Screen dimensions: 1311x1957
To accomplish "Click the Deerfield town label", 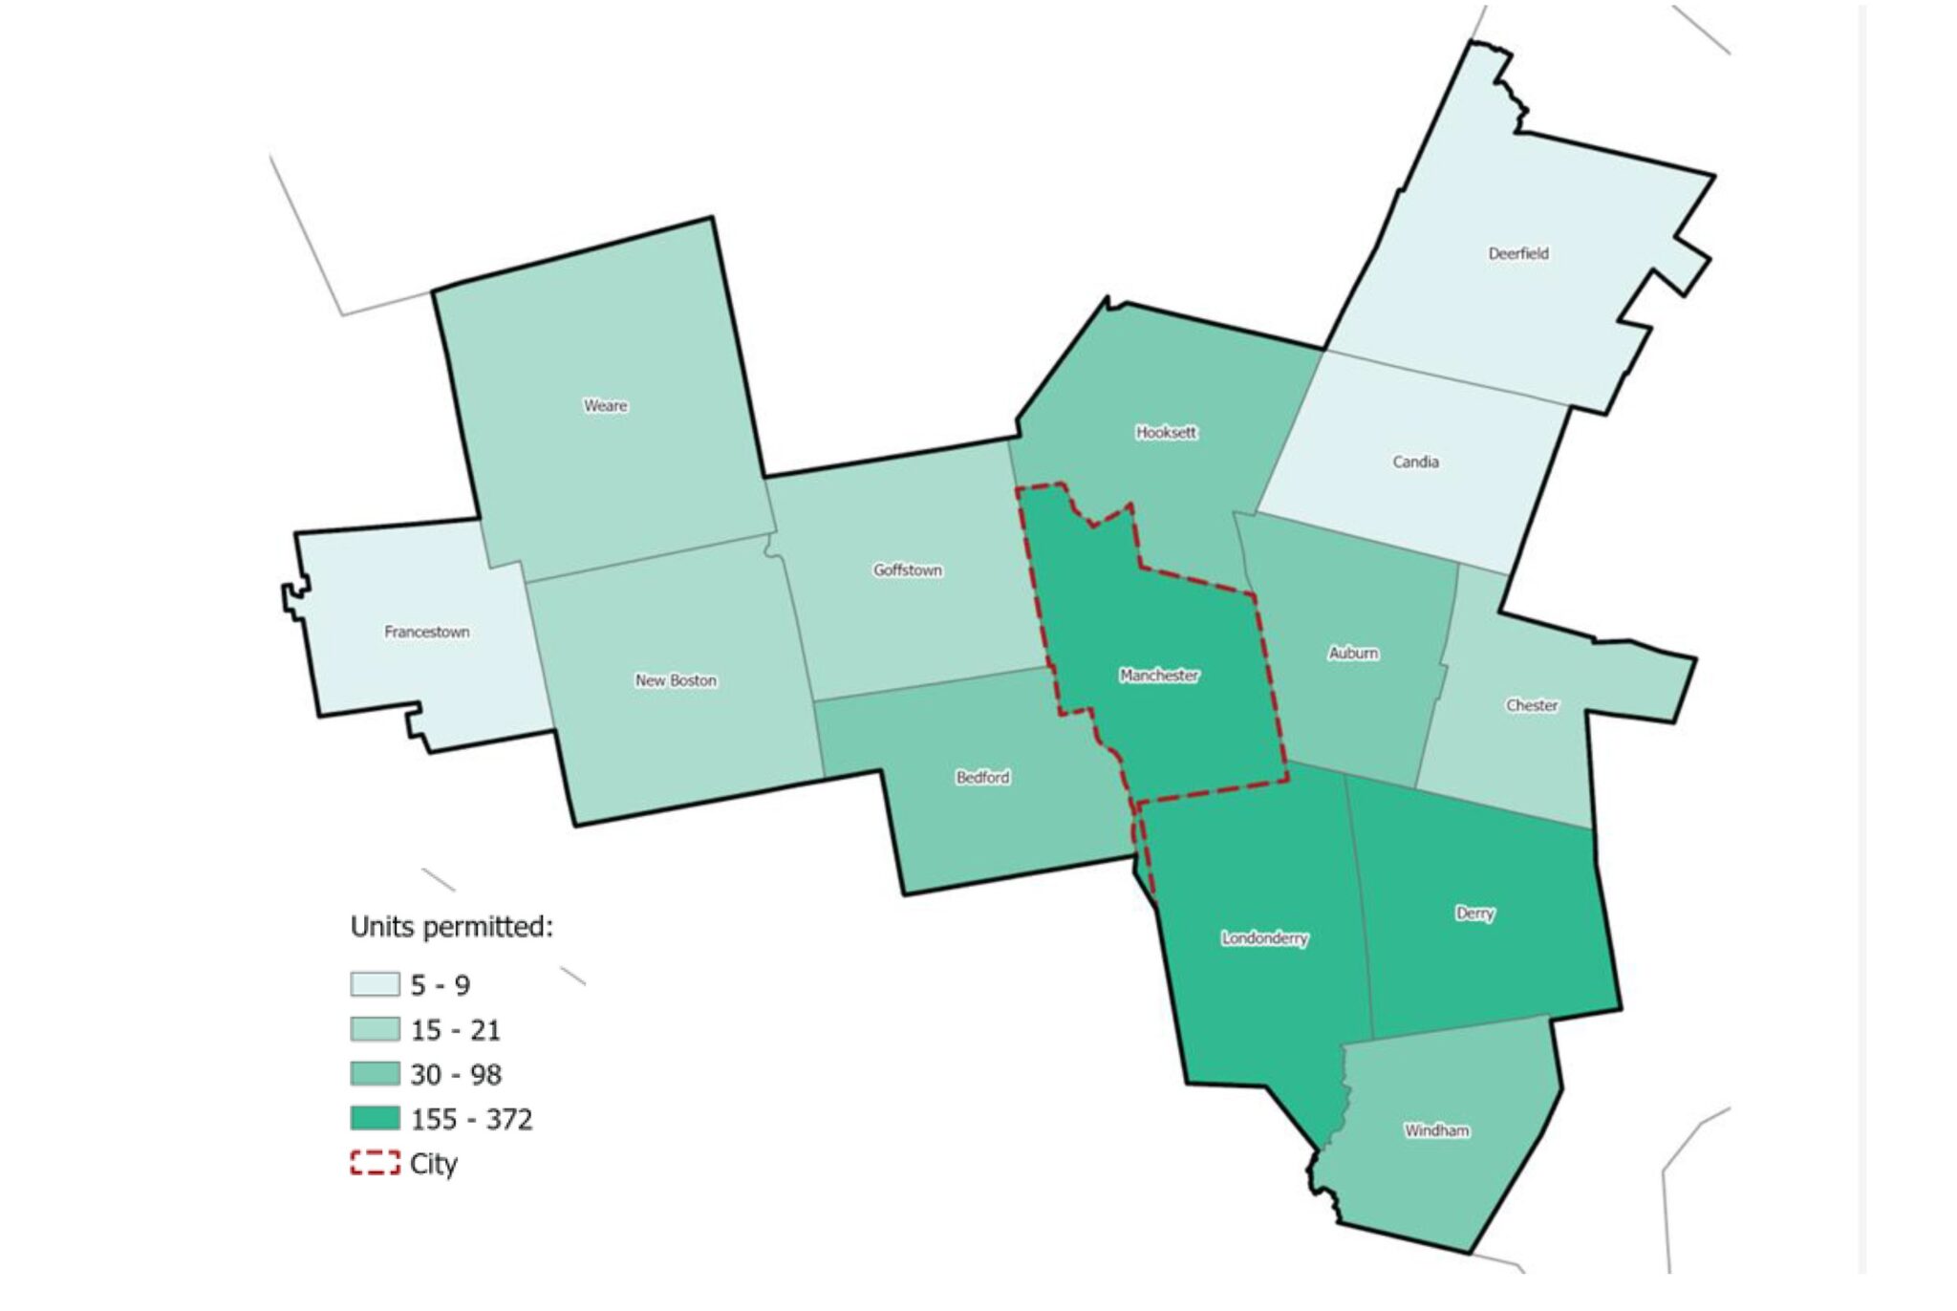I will click(x=1517, y=253).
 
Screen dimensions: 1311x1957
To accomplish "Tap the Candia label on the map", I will click(x=1415, y=462).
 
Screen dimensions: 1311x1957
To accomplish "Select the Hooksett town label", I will click(x=1166, y=432).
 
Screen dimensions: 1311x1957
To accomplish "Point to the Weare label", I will click(x=606, y=405).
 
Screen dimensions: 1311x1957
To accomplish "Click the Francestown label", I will click(x=426, y=632).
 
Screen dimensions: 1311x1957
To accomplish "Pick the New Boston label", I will click(x=676, y=680).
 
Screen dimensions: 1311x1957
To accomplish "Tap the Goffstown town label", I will click(x=907, y=570).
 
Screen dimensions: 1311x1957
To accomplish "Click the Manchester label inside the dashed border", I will click(x=1159, y=676).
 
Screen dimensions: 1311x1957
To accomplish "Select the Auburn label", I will click(x=1353, y=653).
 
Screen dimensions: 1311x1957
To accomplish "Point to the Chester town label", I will click(x=1532, y=705).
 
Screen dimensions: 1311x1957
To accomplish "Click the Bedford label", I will click(x=982, y=777).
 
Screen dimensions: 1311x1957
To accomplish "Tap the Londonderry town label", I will click(x=1264, y=938).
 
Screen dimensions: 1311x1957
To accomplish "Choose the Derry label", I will click(x=1474, y=913).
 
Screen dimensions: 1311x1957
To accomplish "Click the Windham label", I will click(x=1436, y=1130).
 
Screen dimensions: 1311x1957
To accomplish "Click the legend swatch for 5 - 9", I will click(x=375, y=984).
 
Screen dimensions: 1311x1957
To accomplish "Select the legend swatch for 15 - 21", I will click(x=375, y=1029).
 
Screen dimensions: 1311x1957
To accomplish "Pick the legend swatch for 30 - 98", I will click(x=375, y=1074).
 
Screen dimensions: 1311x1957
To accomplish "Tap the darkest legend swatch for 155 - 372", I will click(x=375, y=1118).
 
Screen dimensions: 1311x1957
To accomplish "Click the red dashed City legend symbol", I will click(x=375, y=1163).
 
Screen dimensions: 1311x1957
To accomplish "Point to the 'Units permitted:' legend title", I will click(x=451, y=927).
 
